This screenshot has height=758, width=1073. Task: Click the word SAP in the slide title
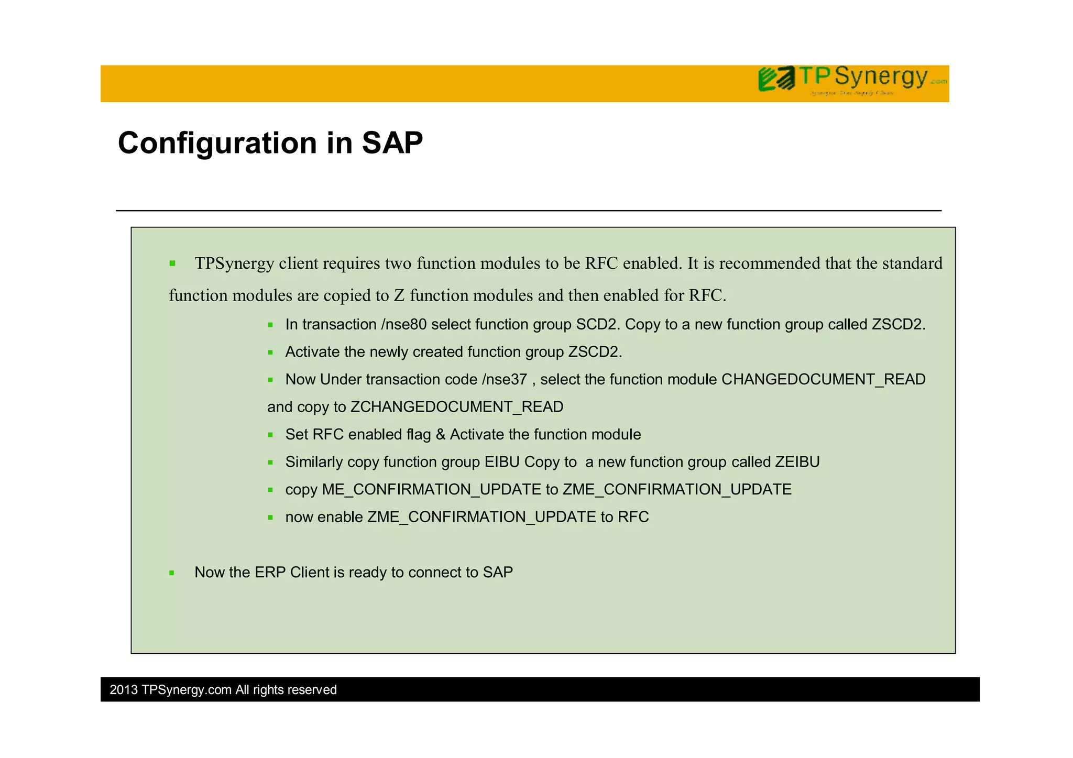coord(392,143)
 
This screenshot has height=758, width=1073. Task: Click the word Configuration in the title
coord(217,143)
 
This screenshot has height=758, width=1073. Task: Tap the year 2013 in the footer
coord(124,690)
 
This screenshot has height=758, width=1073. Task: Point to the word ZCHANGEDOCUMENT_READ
coord(456,407)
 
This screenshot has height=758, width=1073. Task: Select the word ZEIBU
coord(797,462)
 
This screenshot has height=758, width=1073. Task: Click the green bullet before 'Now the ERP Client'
coord(171,573)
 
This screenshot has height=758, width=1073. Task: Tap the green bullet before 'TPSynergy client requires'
coord(172,263)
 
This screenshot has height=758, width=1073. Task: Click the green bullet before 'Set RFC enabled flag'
coord(270,435)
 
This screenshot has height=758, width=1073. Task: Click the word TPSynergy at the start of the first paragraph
coord(234,263)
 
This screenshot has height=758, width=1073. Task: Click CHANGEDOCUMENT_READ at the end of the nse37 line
coord(823,379)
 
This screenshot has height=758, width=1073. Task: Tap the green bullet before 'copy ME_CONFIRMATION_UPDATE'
coord(270,490)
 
